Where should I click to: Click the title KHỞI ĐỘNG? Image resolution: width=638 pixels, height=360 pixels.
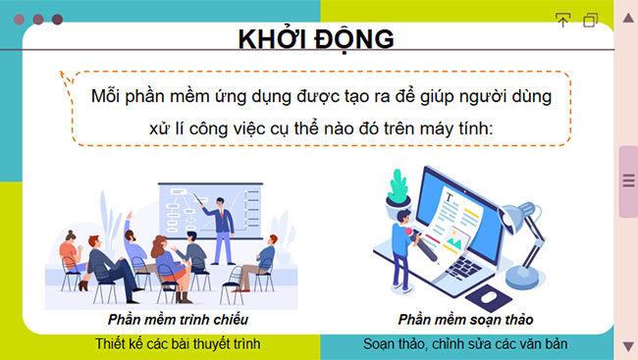pos(316,38)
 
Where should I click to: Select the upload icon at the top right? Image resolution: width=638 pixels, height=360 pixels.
pos(562,20)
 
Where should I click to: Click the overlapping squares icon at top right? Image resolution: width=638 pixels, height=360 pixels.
pos(590,20)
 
